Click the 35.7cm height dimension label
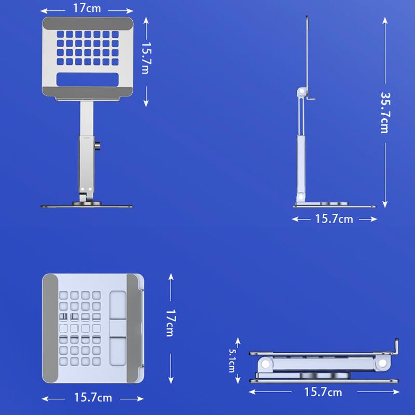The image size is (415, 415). (385, 113)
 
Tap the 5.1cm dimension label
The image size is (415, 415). (232, 361)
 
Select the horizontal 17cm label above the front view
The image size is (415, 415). (87, 8)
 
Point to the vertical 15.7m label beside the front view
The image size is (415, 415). (146, 58)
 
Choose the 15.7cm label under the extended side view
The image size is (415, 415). (334, 219)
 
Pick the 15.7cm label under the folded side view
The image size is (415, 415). (323, 392)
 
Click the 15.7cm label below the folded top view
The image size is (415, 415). (93, 397)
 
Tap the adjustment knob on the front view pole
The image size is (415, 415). (97, 146)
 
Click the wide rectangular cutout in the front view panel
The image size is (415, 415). (88, 79)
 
